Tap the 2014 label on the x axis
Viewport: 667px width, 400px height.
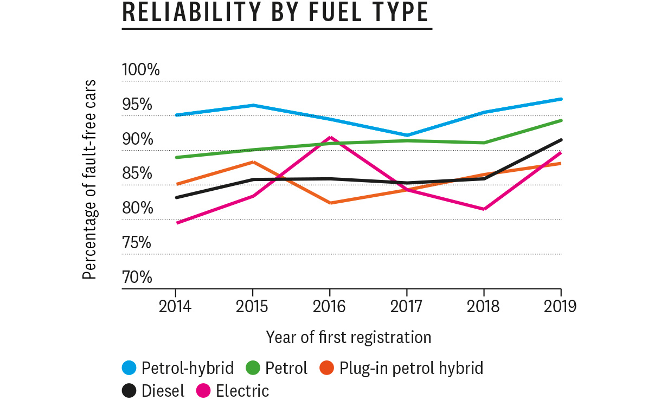(x=175, y=307)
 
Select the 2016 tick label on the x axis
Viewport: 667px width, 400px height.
(x=329, y=307)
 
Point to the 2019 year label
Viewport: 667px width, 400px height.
(x=560, y=307)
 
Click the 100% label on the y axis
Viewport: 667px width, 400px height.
(x=141, y=70)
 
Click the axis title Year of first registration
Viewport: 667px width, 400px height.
(x=349, y=337)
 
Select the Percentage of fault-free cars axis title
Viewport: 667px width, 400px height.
(x=89, y=179)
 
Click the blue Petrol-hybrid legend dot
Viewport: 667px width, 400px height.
(x=130, y=369)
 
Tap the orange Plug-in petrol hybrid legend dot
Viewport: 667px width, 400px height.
(x=328, y=369)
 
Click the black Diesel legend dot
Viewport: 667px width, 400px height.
(x=130, y=390)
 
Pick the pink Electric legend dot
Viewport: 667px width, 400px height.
(x=203, y=390)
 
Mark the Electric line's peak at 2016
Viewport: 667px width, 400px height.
(x=329, y=138)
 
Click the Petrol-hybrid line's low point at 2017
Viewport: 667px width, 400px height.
(x=407, y=135)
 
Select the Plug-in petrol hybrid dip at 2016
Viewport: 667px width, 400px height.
(x=329, y=203)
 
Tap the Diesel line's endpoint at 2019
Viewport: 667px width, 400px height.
(x=561, y=140)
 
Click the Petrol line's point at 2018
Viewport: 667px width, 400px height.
(x=484, y=143)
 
